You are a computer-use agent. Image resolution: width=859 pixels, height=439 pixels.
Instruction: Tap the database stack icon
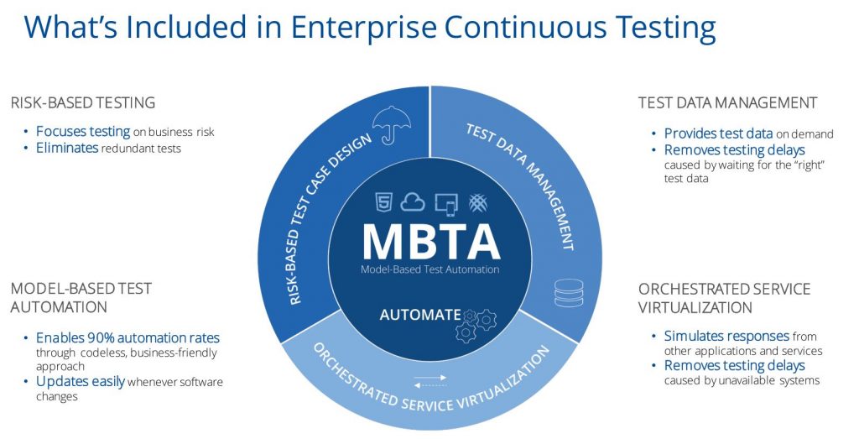coord(569,293)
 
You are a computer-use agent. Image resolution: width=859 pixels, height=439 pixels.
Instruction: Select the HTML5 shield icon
coord(383,202)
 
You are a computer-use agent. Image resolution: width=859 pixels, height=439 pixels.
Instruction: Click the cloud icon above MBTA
coord(413,202)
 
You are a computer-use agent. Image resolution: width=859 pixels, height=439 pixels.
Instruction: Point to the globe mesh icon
coord(478,203)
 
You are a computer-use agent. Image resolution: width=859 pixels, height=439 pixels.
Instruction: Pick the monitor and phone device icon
coord(445,203)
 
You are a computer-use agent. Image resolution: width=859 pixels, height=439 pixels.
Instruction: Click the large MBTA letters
coord(431,241)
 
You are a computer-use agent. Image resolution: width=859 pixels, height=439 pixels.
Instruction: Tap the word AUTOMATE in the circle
coord(420,315)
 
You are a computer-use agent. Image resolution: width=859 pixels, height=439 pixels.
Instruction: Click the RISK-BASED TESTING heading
coord(83,102)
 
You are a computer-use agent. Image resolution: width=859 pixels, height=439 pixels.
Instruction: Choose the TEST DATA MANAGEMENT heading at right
coord(727,102)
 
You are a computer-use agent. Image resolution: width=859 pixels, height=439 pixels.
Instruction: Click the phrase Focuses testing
coord(83,132)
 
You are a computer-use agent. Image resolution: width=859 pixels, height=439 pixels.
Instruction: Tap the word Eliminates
coord(67,148)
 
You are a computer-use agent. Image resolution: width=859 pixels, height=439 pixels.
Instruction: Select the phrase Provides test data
coord(718,133)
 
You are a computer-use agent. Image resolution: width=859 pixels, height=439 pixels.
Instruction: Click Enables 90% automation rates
coord(128,337)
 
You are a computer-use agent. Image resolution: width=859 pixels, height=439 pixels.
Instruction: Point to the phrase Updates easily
coord(81,381)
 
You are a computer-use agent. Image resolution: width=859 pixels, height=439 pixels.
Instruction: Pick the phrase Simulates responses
coord(726,336)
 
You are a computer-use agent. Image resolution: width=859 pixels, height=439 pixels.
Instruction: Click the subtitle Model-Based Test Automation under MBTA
coord(430,269)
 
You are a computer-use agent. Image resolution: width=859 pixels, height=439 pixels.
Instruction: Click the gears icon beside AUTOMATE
coord(476,325)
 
